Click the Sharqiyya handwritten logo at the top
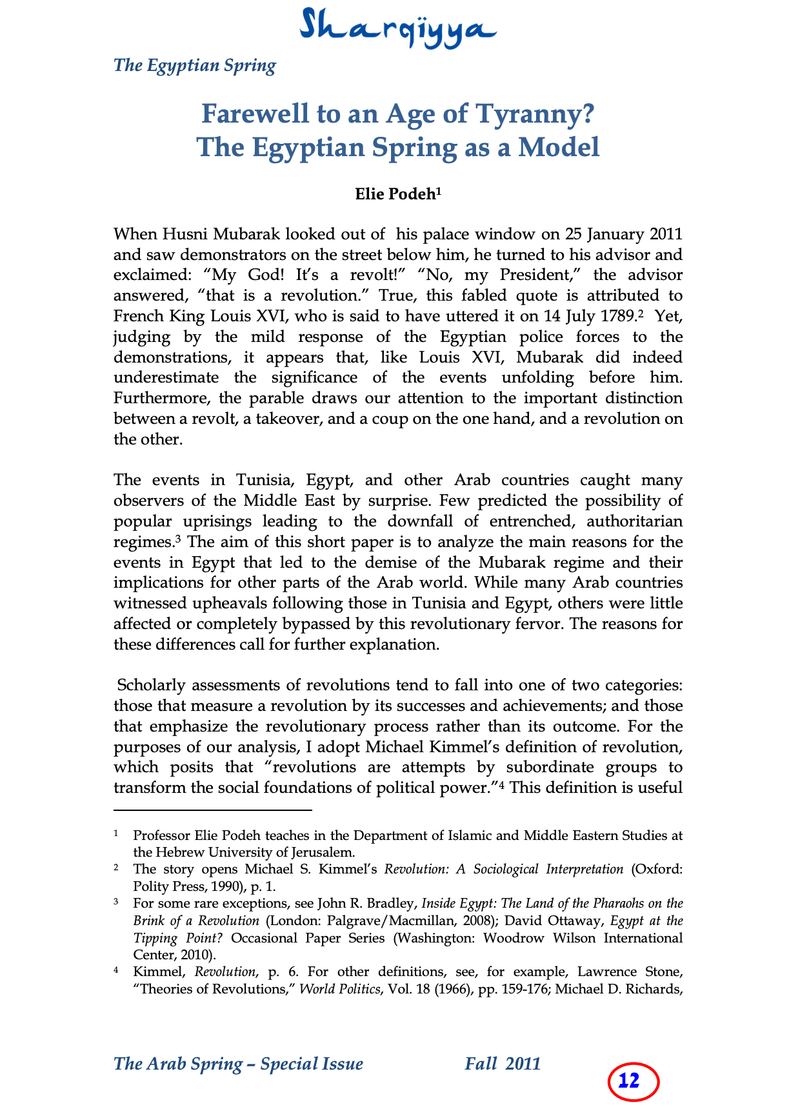pos(398,27)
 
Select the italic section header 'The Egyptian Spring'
pos(194,66)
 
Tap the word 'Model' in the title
pos(559,147)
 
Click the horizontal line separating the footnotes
pos(212,809)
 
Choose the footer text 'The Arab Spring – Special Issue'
pos(238,1064)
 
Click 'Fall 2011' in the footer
pos(503,1064)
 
